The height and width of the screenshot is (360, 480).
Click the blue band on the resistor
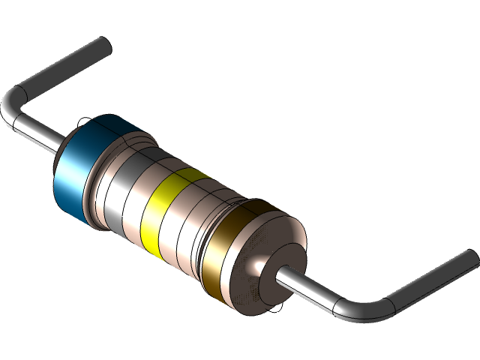click(75, 172)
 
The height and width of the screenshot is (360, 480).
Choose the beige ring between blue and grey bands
click(101, 180)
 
